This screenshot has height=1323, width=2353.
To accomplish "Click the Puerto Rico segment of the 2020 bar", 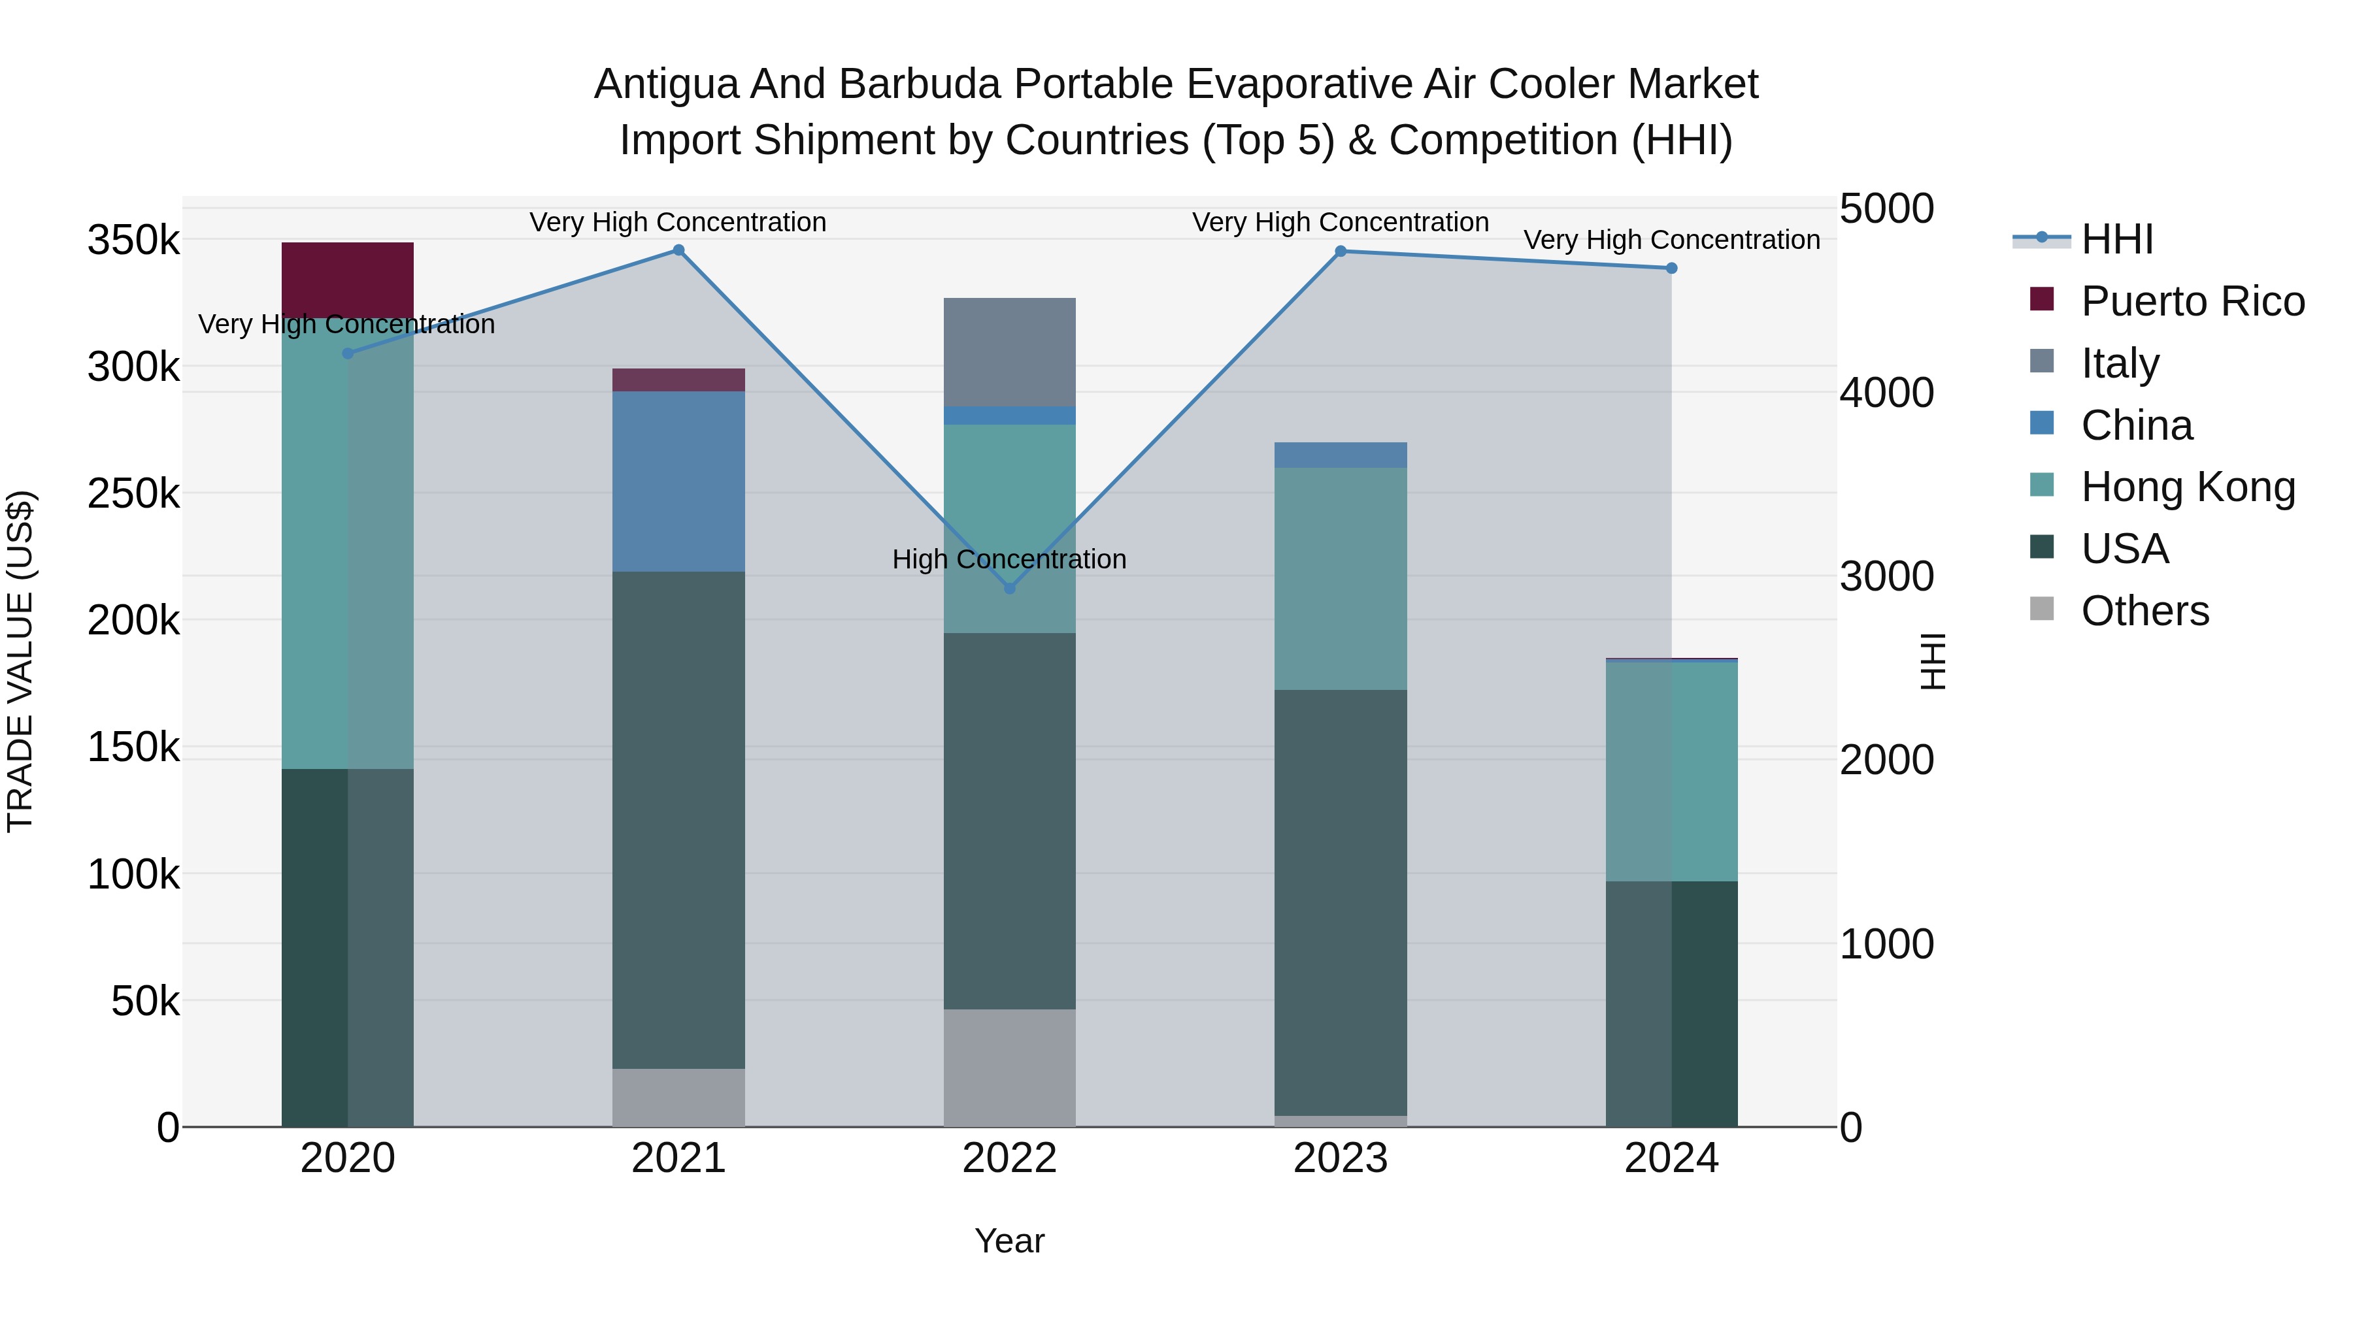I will [x=347, y=278].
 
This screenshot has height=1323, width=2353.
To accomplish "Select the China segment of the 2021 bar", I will [x=678, y=481].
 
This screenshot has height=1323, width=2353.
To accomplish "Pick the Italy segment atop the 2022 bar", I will [x=1009, y=351].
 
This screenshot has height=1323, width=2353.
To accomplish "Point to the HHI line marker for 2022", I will [x=1009, y=588].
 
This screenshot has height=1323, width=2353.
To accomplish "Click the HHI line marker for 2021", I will [x=678, y=250].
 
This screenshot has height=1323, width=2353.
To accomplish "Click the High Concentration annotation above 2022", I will [x=1009, y=559].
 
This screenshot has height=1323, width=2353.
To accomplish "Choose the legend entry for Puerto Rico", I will [x=2192, y=301].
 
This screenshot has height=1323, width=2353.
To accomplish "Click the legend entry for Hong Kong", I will [x=2188, y=487].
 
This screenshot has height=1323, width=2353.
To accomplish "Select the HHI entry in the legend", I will [x=2116, y=239].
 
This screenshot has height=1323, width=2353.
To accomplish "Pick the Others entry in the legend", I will [x=2144, y=611].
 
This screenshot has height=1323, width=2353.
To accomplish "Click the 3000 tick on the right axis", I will [x=1886, y=576].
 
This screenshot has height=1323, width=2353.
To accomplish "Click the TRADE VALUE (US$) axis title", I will [x=20, y=661].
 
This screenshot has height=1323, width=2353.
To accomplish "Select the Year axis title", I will [x=1009, y=1241].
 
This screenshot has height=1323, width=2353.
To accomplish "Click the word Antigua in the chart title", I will [x=665, y=84].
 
